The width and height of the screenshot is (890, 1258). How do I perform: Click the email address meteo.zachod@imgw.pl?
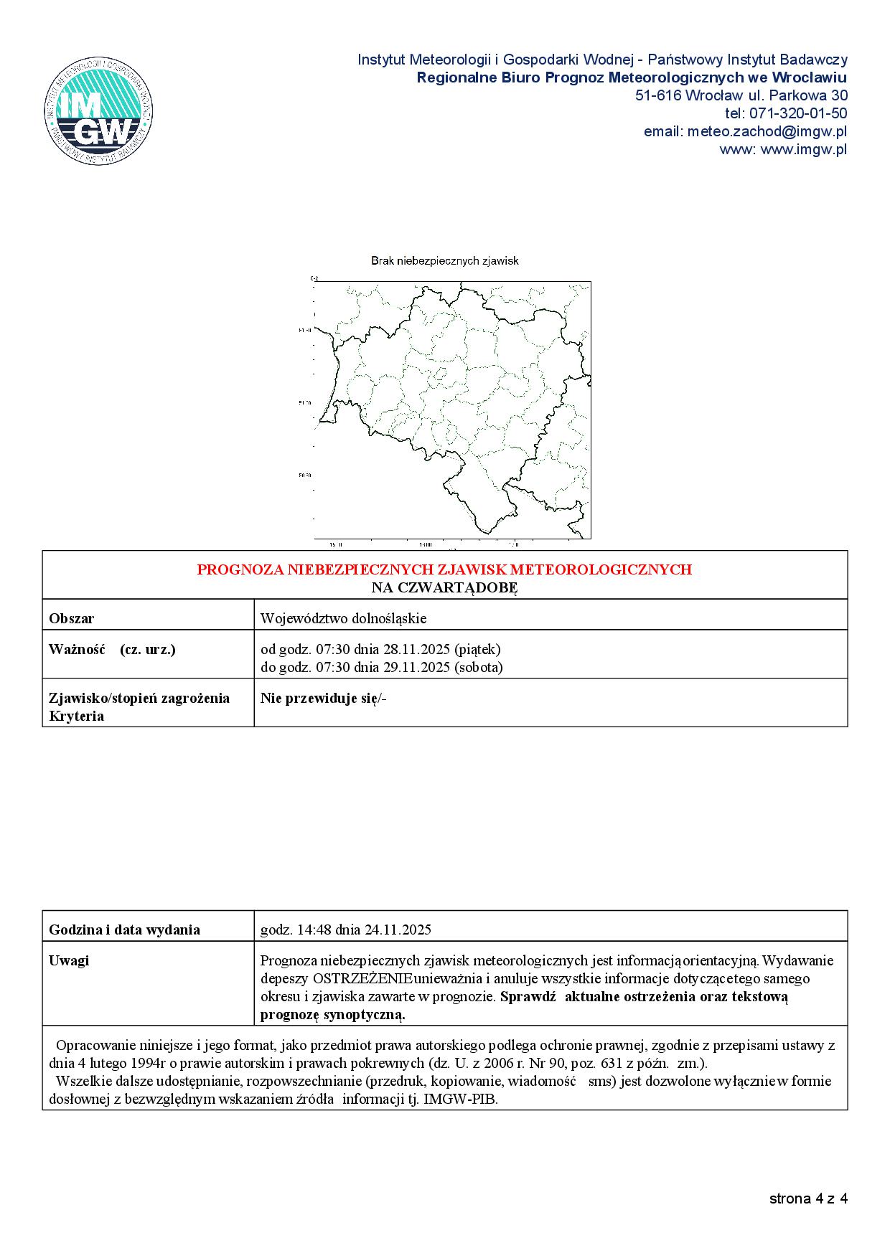pyautogui.click(x=767, y=131)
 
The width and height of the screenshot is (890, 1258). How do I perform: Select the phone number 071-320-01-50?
pyautogui.click(x=798, y=113)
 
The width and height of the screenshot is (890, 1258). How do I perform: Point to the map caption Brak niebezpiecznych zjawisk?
pyautogui.click(x=444, y=261)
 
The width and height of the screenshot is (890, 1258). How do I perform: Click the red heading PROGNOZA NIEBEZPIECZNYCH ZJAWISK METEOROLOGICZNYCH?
pyautogui.click(x=444, y=569)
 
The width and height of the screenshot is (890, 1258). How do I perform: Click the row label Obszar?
pyautogui.click(x=72, y=618)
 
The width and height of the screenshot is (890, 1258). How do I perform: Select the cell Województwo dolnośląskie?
pyautogui.click(x=344, y=618)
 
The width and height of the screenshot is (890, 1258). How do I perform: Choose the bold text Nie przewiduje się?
pyautogui.click(x=319, y=698)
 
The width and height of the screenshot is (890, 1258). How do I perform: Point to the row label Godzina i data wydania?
pyautogui.click(x=124, y=930)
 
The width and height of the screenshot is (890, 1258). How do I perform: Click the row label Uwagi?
pyautogui.click(x=69, y=960)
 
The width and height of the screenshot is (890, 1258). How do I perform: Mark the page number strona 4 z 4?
pyautogui.click(x=808, y=1198)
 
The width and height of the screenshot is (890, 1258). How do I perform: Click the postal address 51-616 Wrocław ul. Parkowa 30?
pyautogui.click(x=741, y=95)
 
